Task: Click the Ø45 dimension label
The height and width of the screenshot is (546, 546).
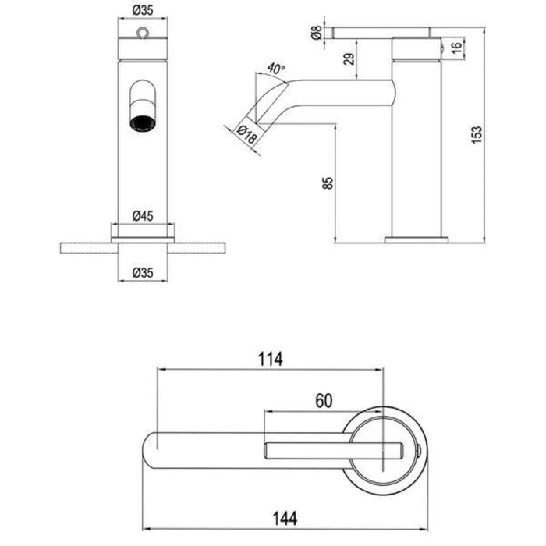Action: pyautogui.click(x=141, y=216)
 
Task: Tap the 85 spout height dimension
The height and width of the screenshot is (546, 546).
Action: pyautogui.click(x=328, y=183)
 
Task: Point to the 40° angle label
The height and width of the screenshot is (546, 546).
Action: pyautogui.click(x=273, y=68)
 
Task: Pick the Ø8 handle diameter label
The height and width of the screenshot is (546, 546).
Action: pyautogui.click(x=315, y=33)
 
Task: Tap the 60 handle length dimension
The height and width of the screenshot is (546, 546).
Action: pyautogui.click(x=324, y=400)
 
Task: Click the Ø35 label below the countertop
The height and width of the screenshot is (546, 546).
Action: pyautogui.click(x=141, y=273)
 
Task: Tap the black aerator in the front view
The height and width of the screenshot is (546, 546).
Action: pyautogui.click(x=141, y=122)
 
